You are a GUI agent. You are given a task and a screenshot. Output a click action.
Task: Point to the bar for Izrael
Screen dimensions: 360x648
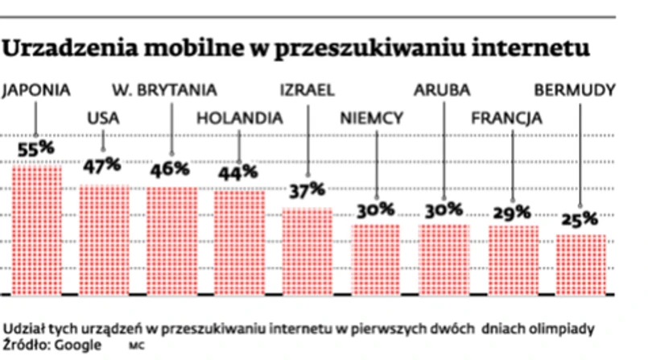(307, 251)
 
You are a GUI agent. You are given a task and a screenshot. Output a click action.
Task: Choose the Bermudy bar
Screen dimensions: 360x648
(580, 264)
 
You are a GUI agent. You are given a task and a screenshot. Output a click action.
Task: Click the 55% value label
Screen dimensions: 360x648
(37, 150)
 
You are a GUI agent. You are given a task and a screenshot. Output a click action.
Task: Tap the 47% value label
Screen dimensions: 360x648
(102, 166)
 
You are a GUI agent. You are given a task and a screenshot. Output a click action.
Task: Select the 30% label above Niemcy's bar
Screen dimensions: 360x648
(376, 210)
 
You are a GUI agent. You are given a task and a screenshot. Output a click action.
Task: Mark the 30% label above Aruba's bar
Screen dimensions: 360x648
(444, 209)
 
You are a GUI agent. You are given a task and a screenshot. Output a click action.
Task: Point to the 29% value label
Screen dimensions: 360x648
(512, 213)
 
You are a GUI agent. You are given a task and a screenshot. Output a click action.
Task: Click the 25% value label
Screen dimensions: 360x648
(580, 218)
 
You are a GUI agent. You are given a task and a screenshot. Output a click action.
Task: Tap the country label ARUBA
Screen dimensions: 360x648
(441, 90)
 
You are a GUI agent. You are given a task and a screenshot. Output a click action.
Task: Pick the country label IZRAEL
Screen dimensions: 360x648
(307, 90)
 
